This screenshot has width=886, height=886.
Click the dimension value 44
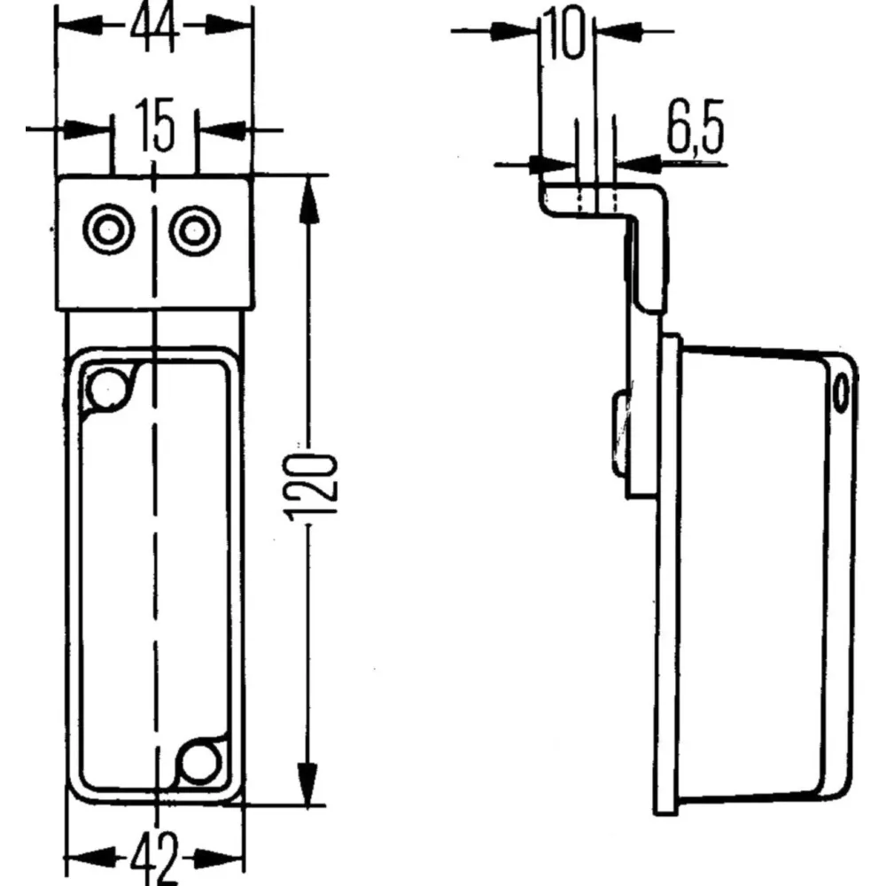click(154, 28)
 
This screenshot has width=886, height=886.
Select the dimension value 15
click(155, 126)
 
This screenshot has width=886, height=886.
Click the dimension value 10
click(565, 33)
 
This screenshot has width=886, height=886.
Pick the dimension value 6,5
click(695, 128)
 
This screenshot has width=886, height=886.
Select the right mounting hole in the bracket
click(195, 231)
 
